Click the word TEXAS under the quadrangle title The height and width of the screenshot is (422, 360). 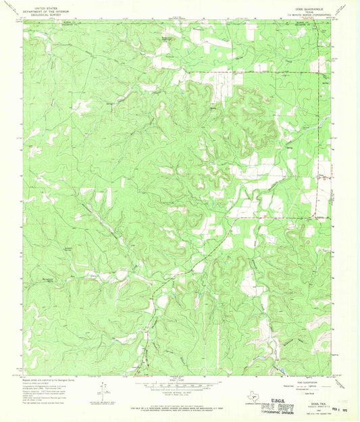pos(311,13)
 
